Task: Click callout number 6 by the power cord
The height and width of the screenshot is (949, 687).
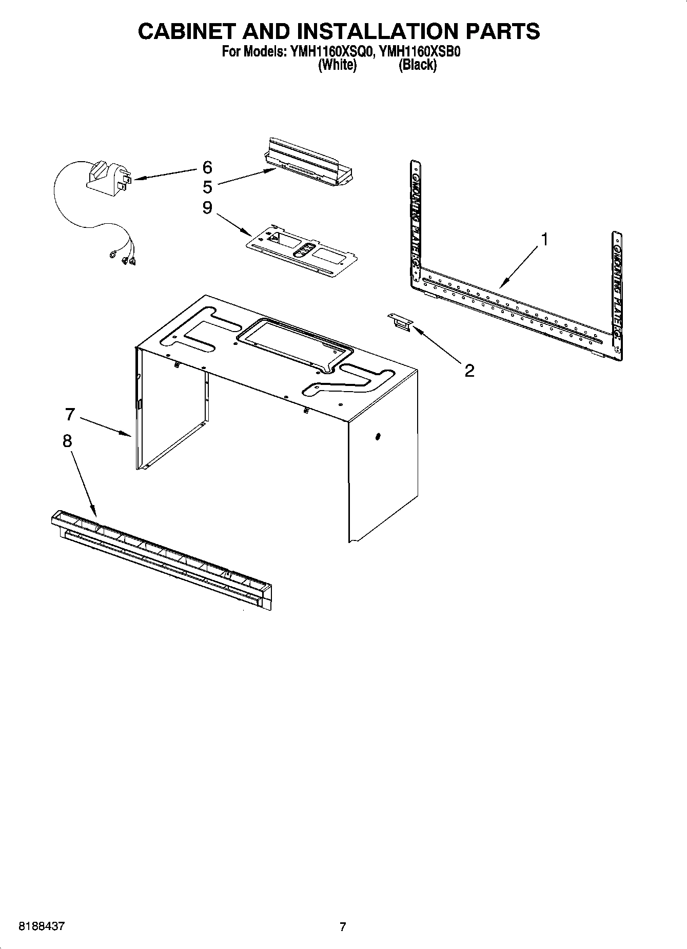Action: (207, 167)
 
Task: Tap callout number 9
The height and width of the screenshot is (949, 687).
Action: (207, 208)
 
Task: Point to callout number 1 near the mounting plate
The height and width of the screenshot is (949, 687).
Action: (545, 239)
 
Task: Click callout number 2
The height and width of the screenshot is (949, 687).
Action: (469, 370)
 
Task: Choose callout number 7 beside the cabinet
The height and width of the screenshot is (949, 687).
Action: (70, 414)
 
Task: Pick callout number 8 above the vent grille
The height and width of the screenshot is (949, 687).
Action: (67, 441)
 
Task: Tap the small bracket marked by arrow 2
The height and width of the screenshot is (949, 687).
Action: (401, 323)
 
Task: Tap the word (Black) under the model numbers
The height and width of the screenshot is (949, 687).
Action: (417, 65)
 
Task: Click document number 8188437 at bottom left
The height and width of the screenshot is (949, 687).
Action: (42, 927)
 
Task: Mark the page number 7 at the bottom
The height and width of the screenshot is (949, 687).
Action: (343, 927)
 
